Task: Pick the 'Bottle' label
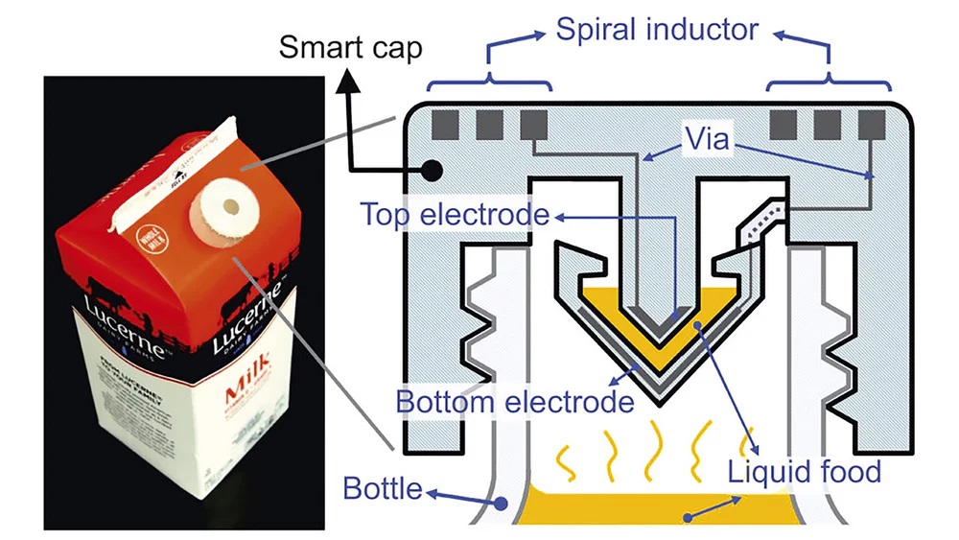pyautogui.click(x=383, y=490)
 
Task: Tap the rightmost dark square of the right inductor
pyautogui.click(x=872, y=124)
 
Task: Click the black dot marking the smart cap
pyautogui.click(x=431, y=170)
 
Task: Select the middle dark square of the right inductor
pyautogui.click(x=830, y=124)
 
